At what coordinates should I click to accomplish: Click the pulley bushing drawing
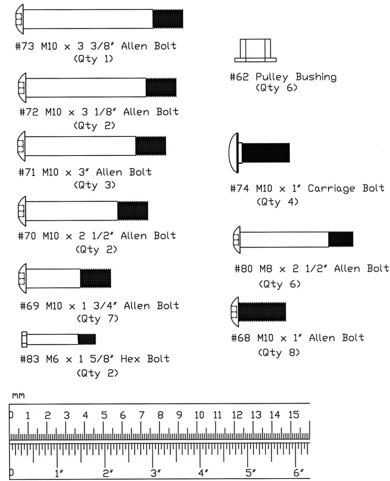click(255, 51)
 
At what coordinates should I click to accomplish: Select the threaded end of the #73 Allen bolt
click(168, 19)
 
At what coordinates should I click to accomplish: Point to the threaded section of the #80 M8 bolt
click(341, 239)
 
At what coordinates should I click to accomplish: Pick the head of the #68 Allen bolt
click(235, 312)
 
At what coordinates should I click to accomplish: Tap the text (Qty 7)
click(97, 319)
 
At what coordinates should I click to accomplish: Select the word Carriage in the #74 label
click(331, 189)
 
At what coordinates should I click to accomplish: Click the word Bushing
click(316, 77)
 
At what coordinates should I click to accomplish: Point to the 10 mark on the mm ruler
click(199, 415)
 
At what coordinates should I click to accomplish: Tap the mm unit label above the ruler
click(19, 396)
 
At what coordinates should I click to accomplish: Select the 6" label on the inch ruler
click(298, 473)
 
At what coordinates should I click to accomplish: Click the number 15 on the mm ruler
click(293, 415)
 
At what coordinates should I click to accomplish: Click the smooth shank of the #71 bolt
click(80, 146)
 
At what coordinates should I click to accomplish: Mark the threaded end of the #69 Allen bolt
click(96, 278)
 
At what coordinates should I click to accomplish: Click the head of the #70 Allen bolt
click(22, 211)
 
